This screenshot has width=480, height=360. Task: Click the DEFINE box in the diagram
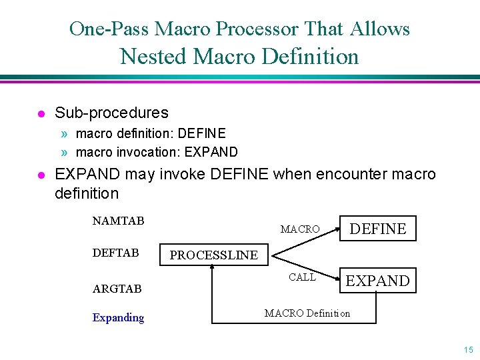point(378,229)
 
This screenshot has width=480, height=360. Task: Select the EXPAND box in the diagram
point(378,281)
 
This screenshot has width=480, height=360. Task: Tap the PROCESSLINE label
point(213,255)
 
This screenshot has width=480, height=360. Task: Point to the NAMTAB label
point(118,221)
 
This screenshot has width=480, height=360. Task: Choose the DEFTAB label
point(115,253)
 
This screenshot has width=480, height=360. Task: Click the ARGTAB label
point(117,289)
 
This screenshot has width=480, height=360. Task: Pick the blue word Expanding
point(118,317)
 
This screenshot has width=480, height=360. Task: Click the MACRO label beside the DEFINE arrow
point(300,229)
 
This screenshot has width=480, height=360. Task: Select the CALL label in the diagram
point(302,277)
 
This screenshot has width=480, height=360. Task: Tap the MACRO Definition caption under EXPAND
point(307,313)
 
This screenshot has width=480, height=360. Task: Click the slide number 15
point(468,350)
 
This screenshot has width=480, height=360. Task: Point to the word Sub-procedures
point(111,113)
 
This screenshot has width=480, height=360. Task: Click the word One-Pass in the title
point(109,29)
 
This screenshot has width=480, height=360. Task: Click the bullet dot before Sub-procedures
point(41,113)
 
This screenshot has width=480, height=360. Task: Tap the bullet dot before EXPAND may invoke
point(41,175)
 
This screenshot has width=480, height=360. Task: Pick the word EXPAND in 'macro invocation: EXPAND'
point(211,152)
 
